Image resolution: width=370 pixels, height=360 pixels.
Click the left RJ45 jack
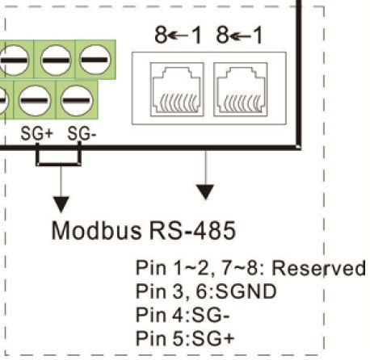tap(171, 88)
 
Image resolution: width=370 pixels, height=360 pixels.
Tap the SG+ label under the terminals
tap(36, 133)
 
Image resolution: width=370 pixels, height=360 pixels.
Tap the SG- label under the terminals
tap(82, 133)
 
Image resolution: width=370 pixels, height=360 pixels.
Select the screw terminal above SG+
tap(36, 103)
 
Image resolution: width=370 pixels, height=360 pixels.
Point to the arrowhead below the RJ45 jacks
tap(206, 192)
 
